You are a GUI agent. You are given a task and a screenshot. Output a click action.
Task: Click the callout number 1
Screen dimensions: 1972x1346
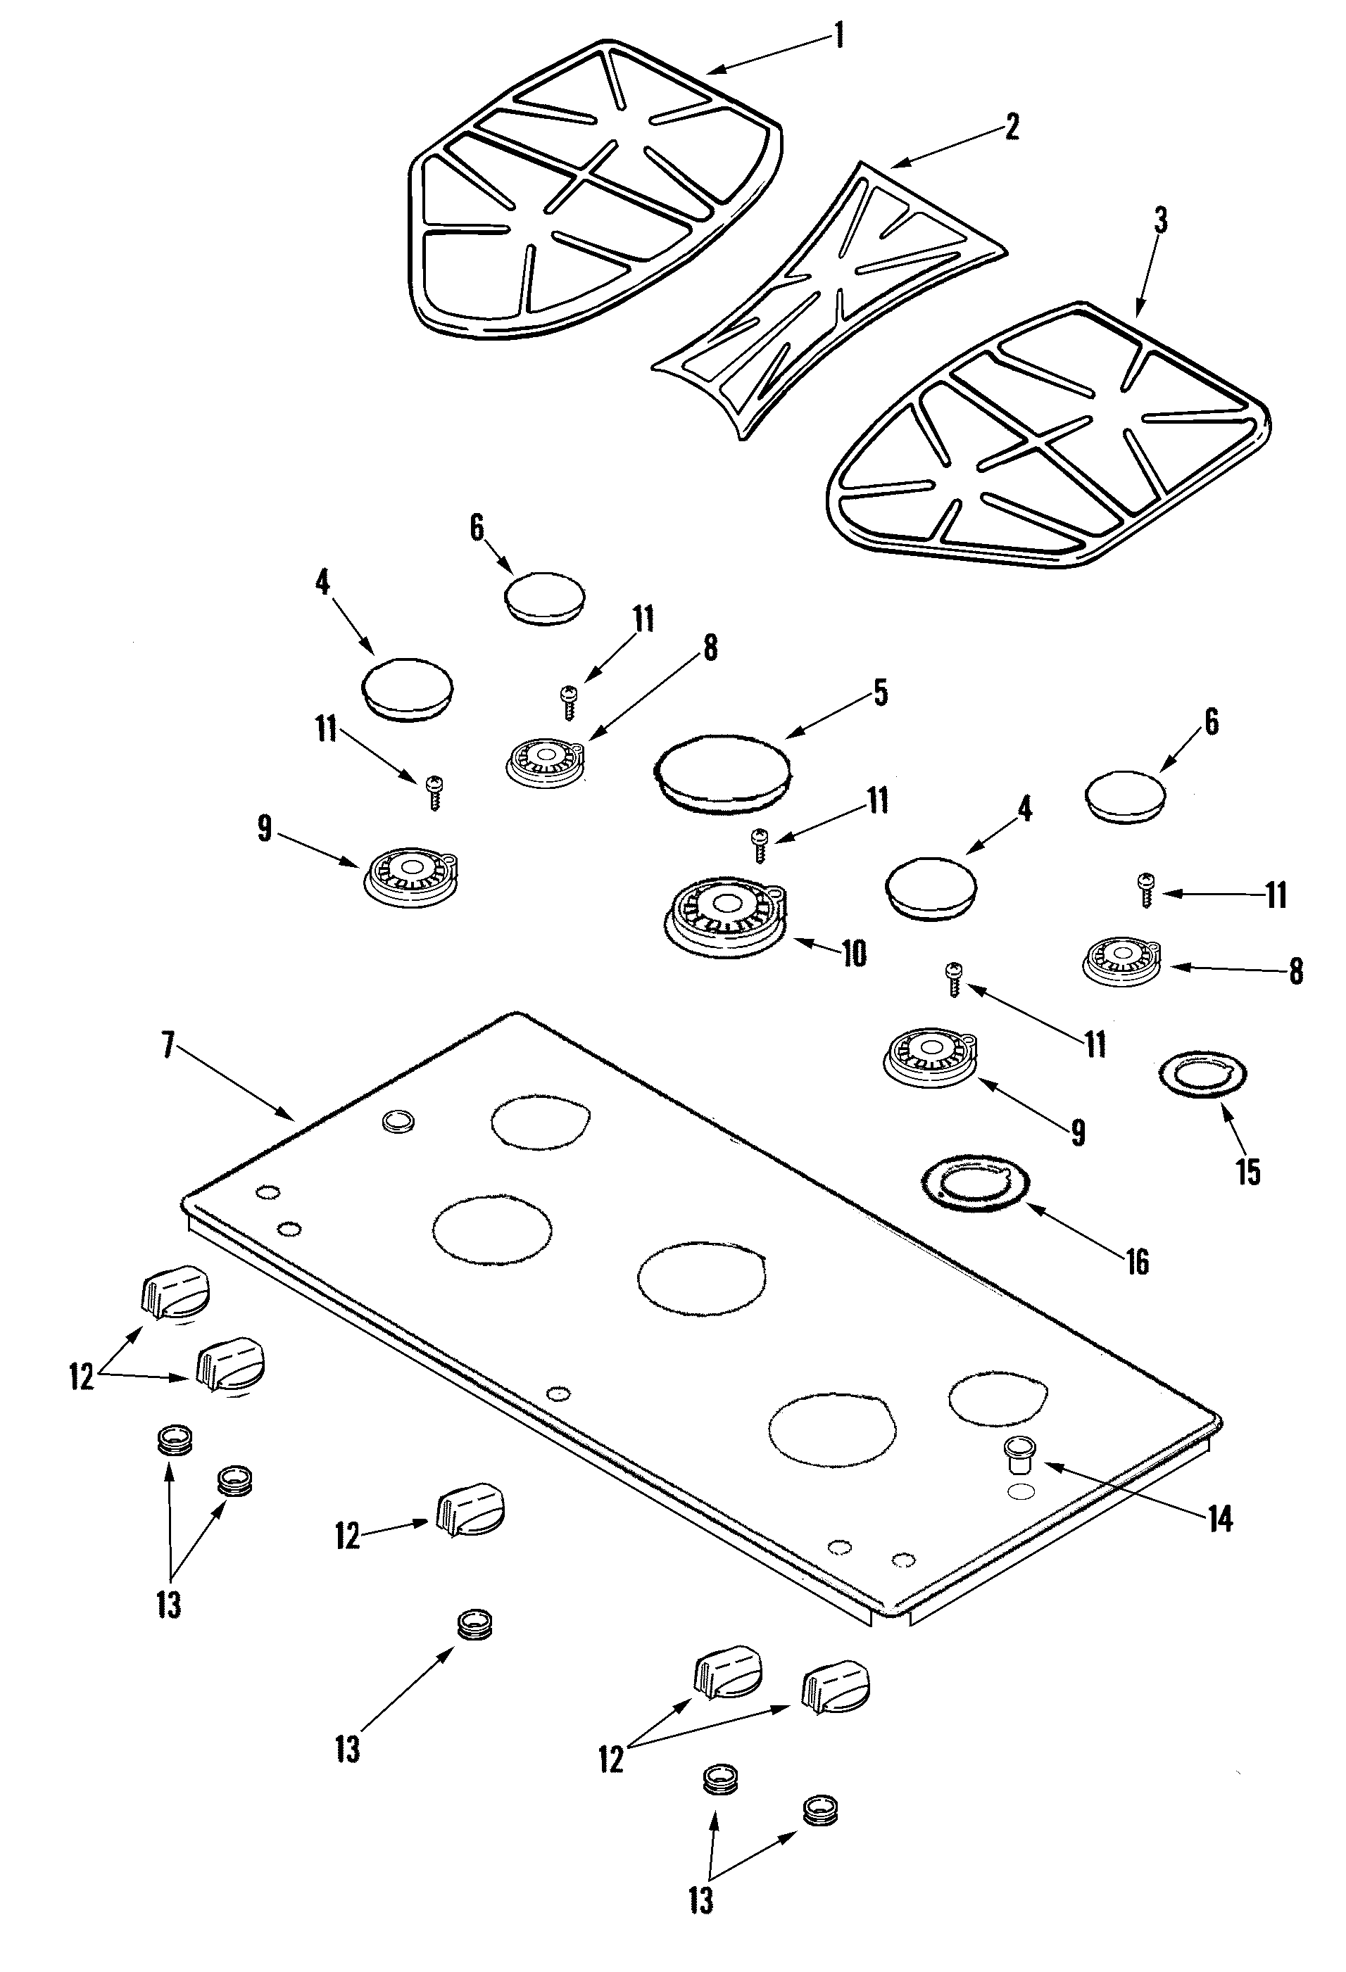[x=838, y=37]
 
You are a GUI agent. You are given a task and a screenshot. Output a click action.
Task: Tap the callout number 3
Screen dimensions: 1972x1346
[x=1160, y=222]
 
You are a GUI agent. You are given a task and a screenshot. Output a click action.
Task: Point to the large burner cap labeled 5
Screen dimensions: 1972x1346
[x=722, y=771]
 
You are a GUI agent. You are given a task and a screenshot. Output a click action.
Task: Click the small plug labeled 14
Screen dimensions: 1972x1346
[x=1017, y=1453]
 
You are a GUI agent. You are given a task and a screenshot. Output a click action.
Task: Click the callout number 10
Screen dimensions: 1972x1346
[x=853, y=954]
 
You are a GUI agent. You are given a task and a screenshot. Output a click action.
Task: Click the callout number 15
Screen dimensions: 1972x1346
[x=1247, y=1172]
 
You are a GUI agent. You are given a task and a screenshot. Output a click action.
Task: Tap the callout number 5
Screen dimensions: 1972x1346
[x=880, y=693]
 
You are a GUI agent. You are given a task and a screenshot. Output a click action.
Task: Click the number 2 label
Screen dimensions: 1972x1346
[x=1011, y=127]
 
